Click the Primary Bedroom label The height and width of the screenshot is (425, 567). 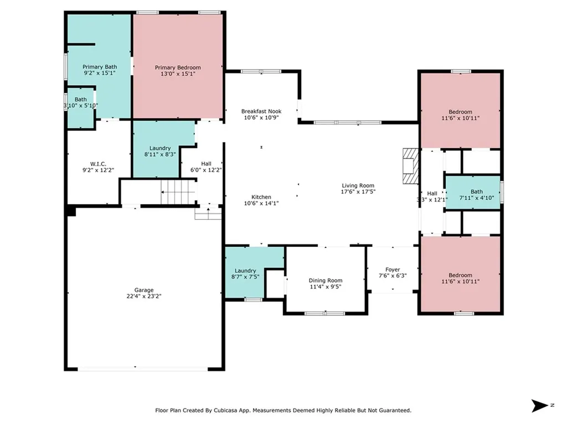click(177, 68)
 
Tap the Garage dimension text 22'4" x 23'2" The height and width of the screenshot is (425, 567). click(144, 296)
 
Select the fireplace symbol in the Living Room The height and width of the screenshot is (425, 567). click(409, 165)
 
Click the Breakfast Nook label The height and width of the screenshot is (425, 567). click(261, 111)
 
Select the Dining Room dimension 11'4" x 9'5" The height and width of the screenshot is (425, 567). click(325, 287)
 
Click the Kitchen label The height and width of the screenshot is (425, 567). click(261, 197)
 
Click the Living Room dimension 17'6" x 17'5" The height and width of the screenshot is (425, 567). click(357, 192)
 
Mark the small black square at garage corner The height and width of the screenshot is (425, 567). click(70, 211)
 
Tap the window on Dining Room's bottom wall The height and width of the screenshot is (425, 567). click(324, 313)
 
